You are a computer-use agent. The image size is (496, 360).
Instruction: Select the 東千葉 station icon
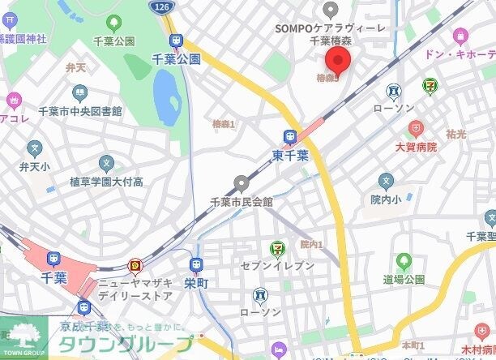pyautogui.click(x=290, y=137)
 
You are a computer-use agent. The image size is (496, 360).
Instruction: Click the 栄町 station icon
pyautogui.click(x=195, y=264)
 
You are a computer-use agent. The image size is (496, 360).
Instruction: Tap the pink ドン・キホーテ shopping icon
pyautogui.click(x=461, y=36)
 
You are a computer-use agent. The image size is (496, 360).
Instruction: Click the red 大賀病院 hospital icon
pyautogui.click(x=415, y=129)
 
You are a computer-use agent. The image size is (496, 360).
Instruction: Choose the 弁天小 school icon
pyautogui.click(x=34, y=148)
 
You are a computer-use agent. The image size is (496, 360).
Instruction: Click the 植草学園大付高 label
pyautogui.click(x=105, y=182)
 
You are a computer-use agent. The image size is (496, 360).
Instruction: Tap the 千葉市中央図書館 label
pyautogui.click(x=80, y=111)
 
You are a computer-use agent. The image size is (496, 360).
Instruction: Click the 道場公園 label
pyautogui.click(x=404, y=279)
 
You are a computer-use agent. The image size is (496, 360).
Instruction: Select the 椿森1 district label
pyautogui.click(x=223, y=124)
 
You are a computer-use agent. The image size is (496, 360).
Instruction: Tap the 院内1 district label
pyautogui.click(x=311, y=244)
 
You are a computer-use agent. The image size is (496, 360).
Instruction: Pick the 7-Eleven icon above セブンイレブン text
pyautogui.click(x=277, y=248)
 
